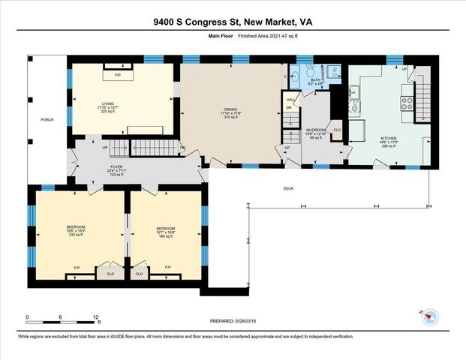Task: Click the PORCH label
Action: point(47,119)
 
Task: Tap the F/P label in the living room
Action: point(117,76)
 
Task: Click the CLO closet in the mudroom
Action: point(337,129)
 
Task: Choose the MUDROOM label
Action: point(314,130)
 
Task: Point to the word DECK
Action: point(288,188)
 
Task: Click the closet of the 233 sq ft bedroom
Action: point(110,274)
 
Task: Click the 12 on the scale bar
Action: point(97,317)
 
